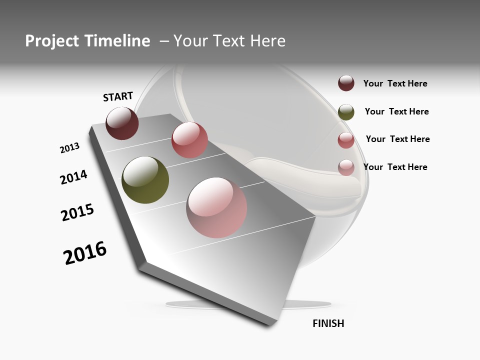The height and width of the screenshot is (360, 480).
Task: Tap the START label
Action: pos(118,96)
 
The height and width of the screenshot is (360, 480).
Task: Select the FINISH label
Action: pos(328,323)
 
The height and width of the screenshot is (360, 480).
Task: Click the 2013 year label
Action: pos(69,148)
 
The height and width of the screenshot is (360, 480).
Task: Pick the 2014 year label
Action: pos(73,177)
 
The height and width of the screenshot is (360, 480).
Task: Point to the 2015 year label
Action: pos(77,212)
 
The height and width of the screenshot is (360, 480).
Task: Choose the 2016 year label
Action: pos(85,253)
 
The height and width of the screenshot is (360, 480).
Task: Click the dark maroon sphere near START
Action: pos(122,123)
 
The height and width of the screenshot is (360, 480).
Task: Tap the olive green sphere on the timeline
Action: pos(145,180)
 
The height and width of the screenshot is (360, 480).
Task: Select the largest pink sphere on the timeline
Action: pos(216,207)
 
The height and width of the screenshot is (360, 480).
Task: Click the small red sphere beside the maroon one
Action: pos(189,139)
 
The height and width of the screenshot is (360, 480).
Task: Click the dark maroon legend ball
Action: pos(346,83)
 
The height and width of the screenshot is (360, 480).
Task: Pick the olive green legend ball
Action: pos(346,112)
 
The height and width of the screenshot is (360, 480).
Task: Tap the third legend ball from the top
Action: pos(346,140)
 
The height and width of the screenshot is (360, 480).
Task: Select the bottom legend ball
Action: pos(346,167)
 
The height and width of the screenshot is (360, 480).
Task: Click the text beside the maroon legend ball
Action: pos(395,83)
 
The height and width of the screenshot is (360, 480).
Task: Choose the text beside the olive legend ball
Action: pos(396,111)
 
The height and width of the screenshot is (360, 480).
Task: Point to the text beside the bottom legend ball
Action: pos(395,167)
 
